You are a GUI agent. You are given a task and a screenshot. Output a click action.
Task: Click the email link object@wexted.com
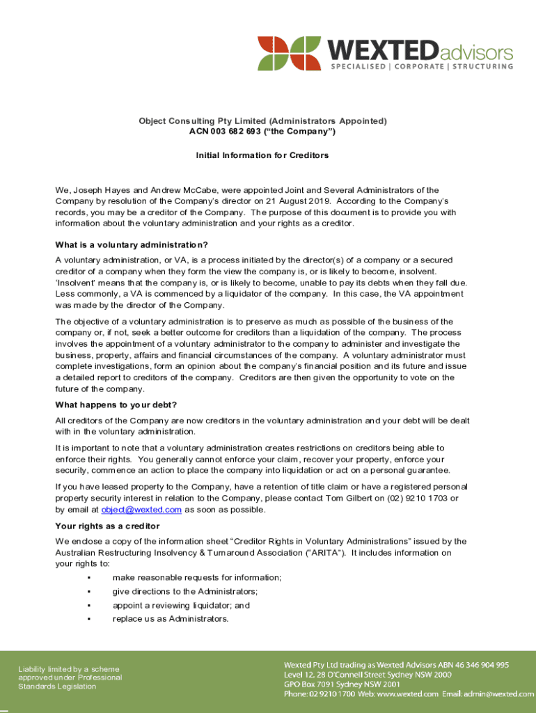click(141, 510)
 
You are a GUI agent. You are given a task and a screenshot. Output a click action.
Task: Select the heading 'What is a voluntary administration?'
click(132, 244)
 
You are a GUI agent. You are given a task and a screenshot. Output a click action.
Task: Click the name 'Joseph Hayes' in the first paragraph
click(98, 189)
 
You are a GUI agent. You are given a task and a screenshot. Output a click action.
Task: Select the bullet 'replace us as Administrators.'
click(170, 619)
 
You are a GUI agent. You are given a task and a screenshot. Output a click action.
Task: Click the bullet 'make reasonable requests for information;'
click(197, 578)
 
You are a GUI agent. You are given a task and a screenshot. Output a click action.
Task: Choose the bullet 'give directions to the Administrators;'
click(185, 592)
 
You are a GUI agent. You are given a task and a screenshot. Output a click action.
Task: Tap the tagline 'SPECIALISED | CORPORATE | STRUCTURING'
click(421, 67)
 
